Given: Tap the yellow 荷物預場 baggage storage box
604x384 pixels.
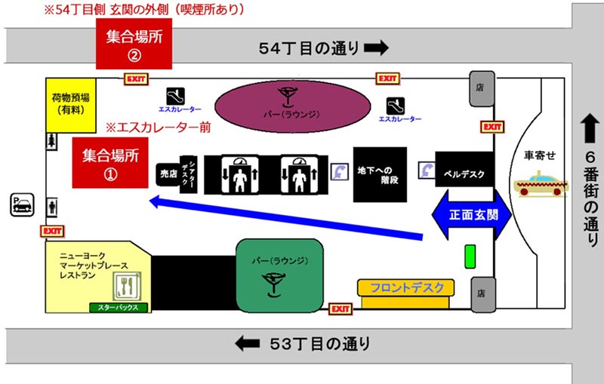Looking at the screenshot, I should coord(71,103).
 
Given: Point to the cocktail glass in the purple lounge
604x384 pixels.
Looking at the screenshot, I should coord(287,97).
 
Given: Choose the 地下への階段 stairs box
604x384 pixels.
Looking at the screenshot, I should coord(380,174).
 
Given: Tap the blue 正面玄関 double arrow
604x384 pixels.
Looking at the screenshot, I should coord(472,215).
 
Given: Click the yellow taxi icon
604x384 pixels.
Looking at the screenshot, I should coord(541,184).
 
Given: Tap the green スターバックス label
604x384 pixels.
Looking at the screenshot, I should coord(118,307).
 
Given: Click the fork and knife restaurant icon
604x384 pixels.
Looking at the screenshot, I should coord(125,287).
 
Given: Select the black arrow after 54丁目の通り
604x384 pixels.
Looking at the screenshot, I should coord(375,48).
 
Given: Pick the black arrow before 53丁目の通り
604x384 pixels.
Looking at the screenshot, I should coord(247,343).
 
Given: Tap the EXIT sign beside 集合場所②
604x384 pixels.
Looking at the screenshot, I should coord(136,78).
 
